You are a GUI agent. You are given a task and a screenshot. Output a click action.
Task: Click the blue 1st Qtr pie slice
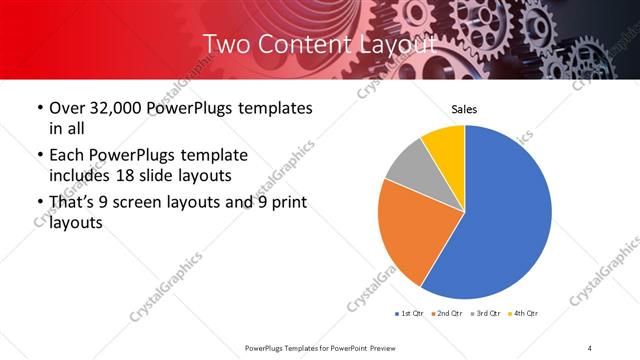(x=500, y=220)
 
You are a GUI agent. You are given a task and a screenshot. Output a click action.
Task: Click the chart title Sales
(x=463, y=109)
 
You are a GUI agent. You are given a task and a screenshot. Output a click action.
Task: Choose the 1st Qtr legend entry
(x=409, y=313)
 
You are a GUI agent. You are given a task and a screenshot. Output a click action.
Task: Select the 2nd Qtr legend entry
(x=447, y=313)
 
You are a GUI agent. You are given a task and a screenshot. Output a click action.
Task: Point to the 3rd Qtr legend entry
(x=486, y=313)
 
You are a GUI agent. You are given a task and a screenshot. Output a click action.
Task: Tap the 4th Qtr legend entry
(x=524, y=313)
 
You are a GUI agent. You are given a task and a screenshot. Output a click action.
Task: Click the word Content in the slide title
(x=300, y=44)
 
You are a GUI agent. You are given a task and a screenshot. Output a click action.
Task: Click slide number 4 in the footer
(x=590, y=346)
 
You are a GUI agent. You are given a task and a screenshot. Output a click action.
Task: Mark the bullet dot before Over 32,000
(x=39, y=108)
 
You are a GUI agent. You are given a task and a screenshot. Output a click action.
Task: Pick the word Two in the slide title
(x=226, y=44)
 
